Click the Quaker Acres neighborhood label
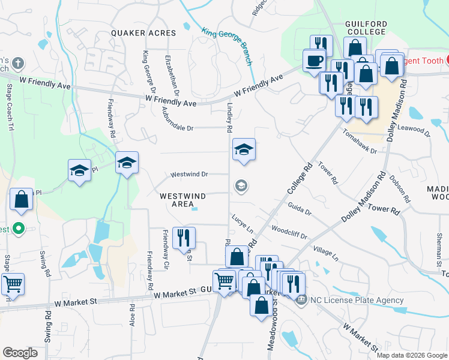pos(142,33)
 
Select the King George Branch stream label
pos(227,46)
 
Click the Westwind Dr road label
pos(188,175)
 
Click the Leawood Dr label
pos(414,127)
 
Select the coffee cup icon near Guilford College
pos(315,60)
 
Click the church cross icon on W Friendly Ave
pos(18,62)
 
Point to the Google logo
pos(20,352)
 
